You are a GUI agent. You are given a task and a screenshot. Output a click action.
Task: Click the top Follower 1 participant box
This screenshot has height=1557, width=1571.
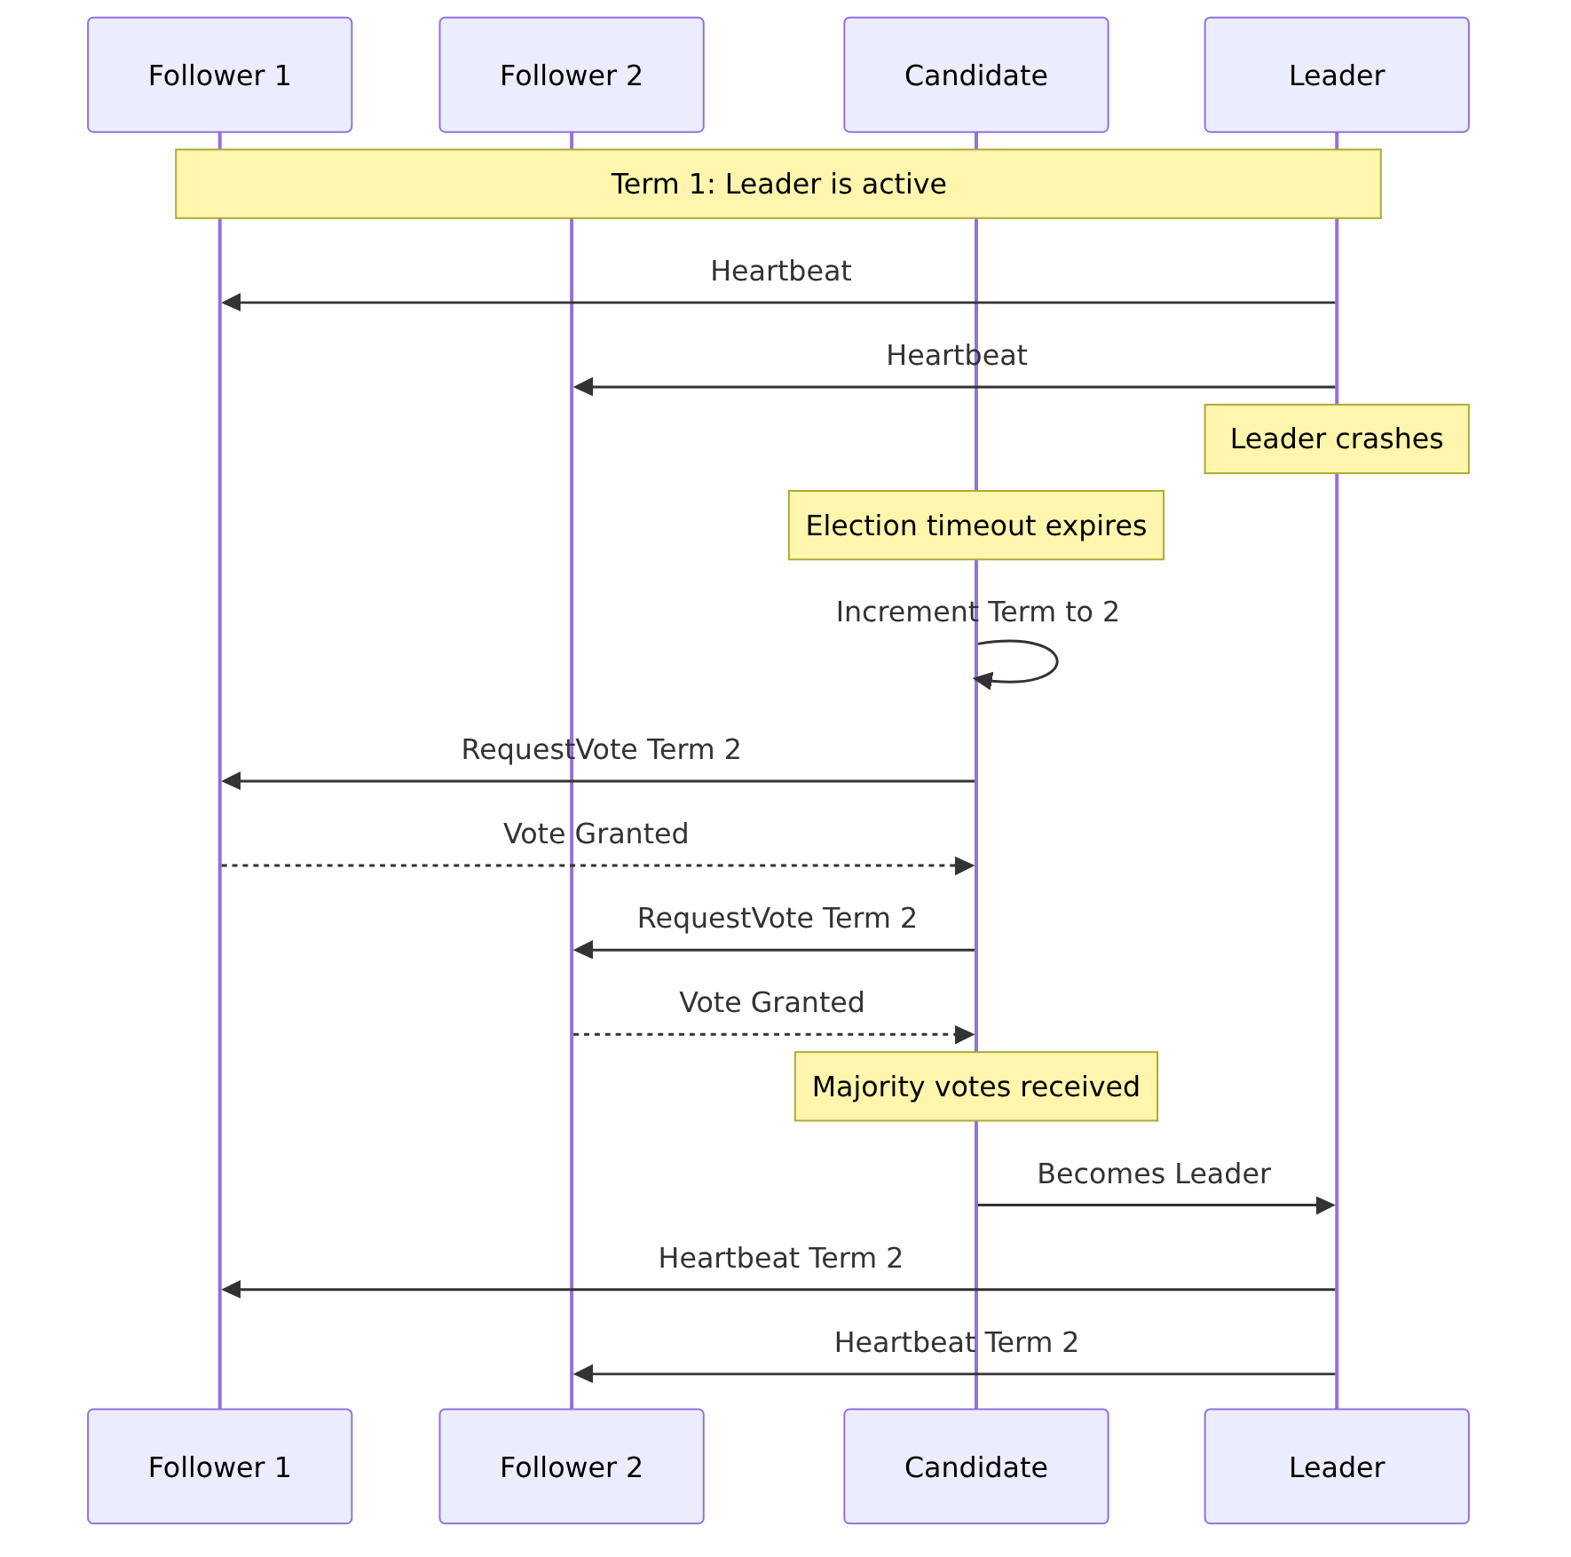(219, 75)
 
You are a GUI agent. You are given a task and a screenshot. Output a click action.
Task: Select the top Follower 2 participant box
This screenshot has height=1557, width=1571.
(571, 75)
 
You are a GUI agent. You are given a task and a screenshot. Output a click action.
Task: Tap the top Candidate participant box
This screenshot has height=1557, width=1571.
(975, 75)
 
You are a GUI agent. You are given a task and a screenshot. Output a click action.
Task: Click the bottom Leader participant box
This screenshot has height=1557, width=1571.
(1336, 1466)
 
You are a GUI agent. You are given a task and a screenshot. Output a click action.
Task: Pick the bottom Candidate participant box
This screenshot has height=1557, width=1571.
(975, 1466)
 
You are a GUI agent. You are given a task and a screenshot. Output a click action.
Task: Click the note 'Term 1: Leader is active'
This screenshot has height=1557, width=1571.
(778, 184)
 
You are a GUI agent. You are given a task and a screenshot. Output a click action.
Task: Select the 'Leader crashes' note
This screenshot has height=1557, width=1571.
(1336, 439)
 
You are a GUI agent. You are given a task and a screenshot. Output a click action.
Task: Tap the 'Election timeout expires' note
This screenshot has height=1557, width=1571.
(975, 526)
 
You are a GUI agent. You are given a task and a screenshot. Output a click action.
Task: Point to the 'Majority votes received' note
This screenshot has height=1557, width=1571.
(975, 1087)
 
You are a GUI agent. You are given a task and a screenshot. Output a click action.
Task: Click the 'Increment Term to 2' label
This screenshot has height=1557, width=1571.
(977, 612)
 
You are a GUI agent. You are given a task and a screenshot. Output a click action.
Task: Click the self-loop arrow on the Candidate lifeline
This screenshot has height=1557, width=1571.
(1056, 661)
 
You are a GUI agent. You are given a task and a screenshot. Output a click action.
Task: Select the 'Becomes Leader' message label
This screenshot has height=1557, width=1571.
(1154, 1174)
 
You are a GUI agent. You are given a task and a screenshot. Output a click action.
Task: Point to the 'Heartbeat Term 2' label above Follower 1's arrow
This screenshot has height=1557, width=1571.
(780, 1258)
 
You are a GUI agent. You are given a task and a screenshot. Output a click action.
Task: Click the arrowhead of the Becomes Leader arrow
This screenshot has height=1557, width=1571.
(1325, 1205)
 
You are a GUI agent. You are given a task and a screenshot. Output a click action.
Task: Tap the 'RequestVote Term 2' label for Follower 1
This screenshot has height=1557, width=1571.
(601, 749)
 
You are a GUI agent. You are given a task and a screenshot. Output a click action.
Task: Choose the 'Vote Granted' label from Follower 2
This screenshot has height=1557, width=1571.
(771, 1002)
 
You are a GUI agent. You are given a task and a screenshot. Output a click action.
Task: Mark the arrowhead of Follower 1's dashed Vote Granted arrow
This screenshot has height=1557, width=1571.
(965, 865)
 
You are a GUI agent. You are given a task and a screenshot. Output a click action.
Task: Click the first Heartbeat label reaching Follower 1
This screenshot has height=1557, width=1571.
(781, 271)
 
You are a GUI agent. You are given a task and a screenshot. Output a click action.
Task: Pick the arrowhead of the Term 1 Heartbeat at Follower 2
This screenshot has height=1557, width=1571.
(583, 387)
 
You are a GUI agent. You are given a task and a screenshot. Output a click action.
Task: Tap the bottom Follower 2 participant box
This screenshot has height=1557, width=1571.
(571, 1466)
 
